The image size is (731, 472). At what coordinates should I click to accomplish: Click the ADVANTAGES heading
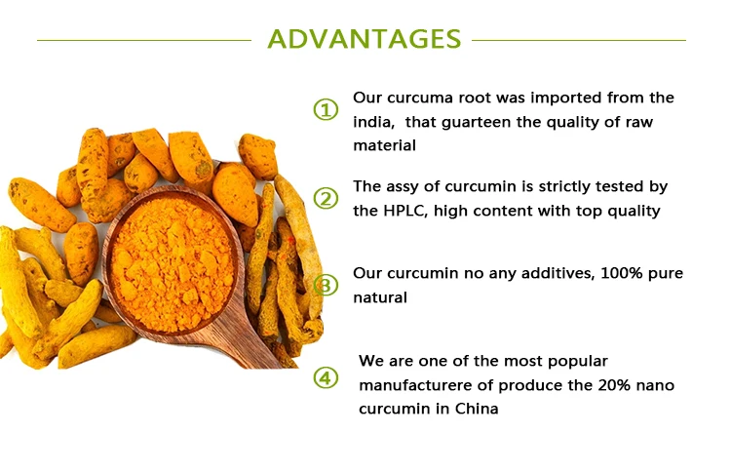pos(365,39)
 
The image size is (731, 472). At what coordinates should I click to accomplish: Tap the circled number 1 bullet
pos(326,110)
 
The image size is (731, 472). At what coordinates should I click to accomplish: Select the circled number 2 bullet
pos(326,199)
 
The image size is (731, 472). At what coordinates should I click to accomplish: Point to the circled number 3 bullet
pos(326,286)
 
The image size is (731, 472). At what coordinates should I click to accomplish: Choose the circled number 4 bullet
pos(326,377)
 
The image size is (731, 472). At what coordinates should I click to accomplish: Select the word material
pos(385,145)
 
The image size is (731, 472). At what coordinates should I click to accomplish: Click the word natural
pos(380,297)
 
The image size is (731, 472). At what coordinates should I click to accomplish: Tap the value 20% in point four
pos(613,385)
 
